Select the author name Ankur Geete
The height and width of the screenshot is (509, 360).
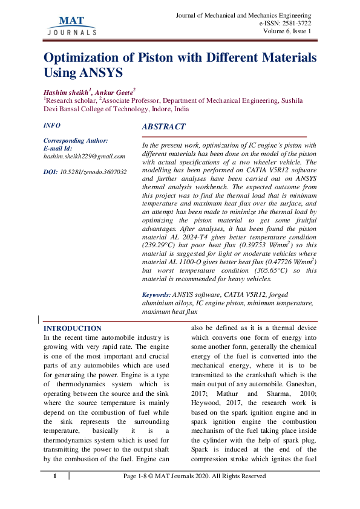[115, 90]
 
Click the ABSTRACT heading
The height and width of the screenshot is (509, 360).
[163, 127]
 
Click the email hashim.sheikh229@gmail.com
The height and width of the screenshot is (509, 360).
[84, 156]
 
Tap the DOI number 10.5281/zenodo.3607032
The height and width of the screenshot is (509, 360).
[93, 172]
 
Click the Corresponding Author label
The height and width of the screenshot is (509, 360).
[76, 140]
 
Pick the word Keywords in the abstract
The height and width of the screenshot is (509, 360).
[155, 294]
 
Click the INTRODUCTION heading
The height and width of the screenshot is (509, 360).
[73, 328]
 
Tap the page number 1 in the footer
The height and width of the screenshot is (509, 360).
[54, 476]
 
